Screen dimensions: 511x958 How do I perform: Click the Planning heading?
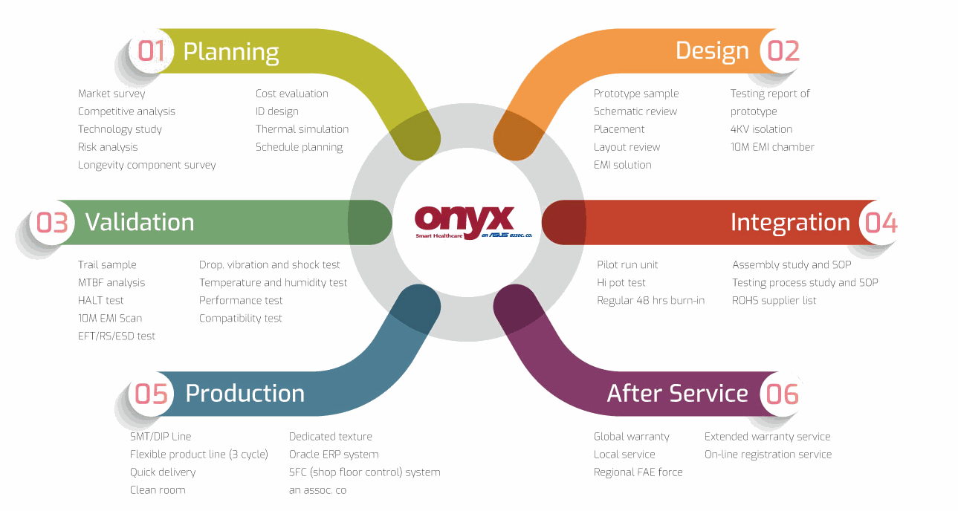(x=230, y=52)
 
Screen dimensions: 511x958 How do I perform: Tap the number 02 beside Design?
(x=783, y=51)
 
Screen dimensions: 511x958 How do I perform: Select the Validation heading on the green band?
(x=140, y=222)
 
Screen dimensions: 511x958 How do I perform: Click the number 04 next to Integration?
(x=881, y=223)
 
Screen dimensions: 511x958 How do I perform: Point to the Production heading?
(x=245, y=393)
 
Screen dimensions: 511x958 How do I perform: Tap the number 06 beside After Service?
(x=782, y=394)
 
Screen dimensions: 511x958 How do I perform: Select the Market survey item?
(x=111, y=94)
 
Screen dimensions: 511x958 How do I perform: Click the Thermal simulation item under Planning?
(x=302, y=129)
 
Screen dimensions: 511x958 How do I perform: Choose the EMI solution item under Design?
(x=622, y=165)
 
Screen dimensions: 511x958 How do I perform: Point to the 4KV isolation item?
(x=761, y=129)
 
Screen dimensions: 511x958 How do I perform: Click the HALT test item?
(x=100, y=300)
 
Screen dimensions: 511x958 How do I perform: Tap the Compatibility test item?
(x=241, y=318)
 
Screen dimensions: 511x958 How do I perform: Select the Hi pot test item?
(x=621, y=282)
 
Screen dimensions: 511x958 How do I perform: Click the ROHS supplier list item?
(x=774, y=300)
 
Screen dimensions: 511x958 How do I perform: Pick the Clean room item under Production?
(x=158, y=490)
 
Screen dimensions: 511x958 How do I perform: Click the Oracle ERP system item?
(x=334, y=455)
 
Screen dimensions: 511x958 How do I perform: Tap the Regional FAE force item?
(x=638, y=472)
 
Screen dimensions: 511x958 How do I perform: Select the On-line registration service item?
(x=768, y=455)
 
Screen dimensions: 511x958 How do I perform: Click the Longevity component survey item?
(x=146, y=165)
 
